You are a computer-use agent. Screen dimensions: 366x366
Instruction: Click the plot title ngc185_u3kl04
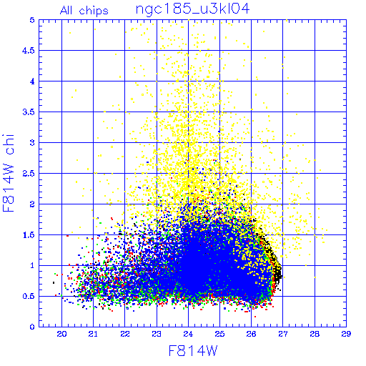[192, 9]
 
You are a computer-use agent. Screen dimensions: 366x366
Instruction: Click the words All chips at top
[84, 11]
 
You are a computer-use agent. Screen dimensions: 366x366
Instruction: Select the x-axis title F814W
[193, 351]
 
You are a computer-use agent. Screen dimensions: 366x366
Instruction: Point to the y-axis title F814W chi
[9, 173]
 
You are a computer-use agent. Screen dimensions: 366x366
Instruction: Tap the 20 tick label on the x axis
[61, 335]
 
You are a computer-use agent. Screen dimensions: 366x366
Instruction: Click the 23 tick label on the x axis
[157, 335]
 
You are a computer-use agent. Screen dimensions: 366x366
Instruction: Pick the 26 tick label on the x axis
[251, 335]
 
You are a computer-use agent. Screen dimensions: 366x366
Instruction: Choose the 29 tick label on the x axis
[346, 335]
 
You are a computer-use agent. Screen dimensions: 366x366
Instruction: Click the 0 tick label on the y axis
[32, 327]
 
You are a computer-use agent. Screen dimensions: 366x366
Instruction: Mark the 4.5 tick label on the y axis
[29, 51]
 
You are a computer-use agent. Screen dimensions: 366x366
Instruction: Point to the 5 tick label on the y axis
[32, 20]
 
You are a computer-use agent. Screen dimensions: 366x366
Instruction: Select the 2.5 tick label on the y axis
[29, 174]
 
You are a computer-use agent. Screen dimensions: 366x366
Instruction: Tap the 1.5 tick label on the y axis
[29, 235]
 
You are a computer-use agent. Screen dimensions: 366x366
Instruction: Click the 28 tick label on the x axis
[315, 335]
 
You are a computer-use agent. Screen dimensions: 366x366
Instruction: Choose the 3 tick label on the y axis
[32, 143]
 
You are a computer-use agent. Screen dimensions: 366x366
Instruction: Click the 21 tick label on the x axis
[93, 335]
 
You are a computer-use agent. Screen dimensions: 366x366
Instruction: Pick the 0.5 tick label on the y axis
[29, 296]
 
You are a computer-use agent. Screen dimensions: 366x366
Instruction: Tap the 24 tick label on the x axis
[188, 335]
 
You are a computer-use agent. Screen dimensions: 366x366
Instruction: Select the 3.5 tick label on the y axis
[29, 112]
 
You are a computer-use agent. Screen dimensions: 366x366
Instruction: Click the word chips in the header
[94, 11]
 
